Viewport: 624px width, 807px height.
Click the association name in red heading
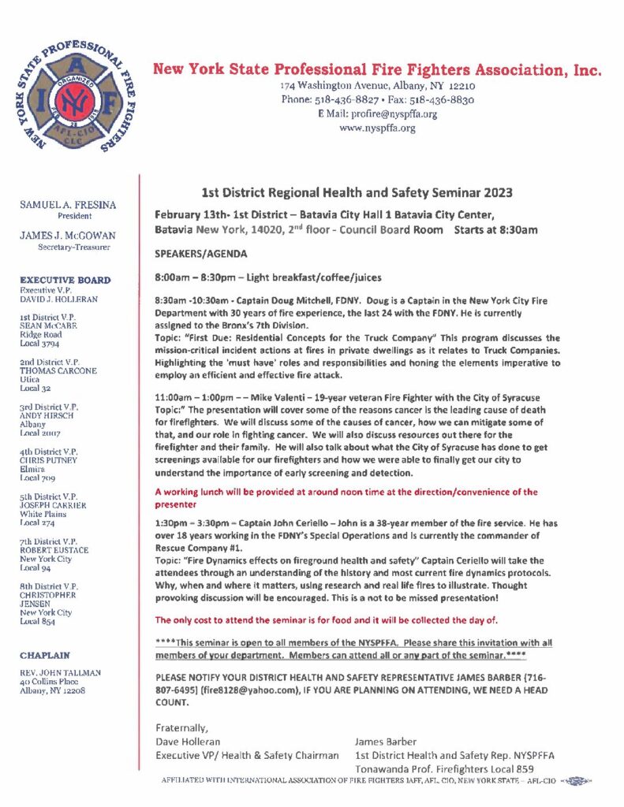pyautogui.click(x=377, y=69)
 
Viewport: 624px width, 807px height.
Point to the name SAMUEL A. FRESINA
pyautogui.click(x=68, y=204)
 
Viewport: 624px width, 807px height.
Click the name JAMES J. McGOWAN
pyautogui.click(x=68, y=235)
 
